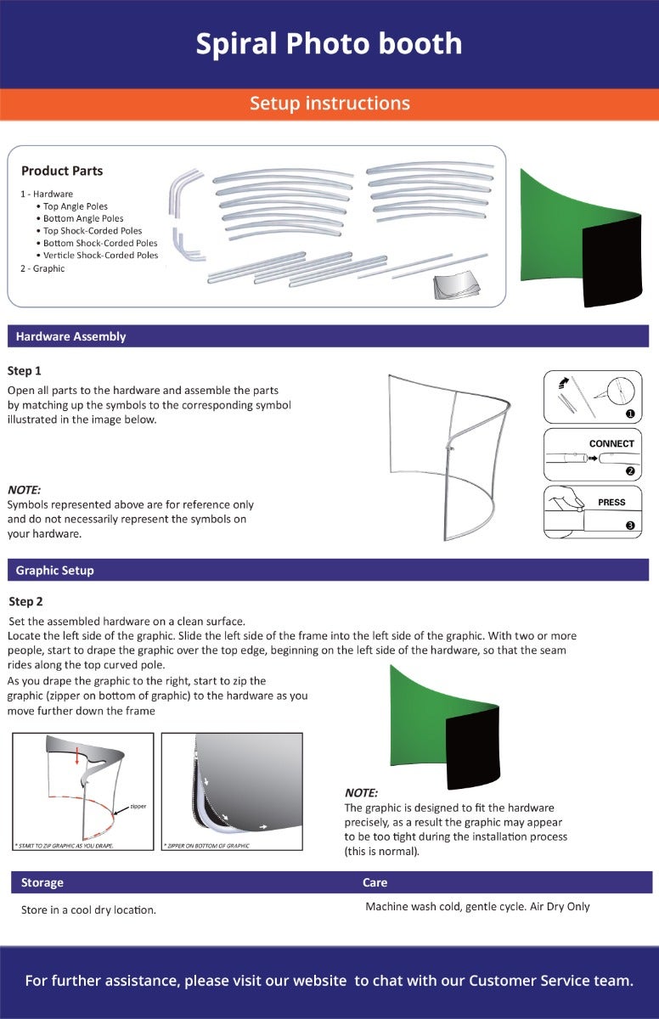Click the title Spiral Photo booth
[329, 43]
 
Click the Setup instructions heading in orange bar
[329, 104]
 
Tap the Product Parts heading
[62, 171]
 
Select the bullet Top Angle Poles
[76, 206]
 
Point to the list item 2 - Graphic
[42, 268]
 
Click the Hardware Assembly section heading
[70, 336]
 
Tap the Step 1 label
[25, 371]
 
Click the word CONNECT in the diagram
[611, 444]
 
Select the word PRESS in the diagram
[611, 503]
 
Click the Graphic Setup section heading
[55, 571]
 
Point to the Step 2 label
[25, 602]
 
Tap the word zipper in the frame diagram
[138, 805]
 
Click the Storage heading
[42, 882]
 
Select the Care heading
[375, 882]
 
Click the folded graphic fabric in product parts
[457, 287]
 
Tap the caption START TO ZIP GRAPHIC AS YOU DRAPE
[64, 846]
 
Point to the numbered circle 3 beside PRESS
[630, 526]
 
